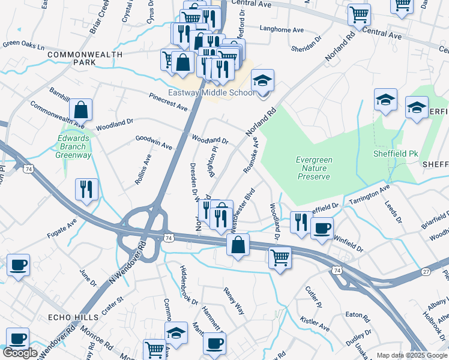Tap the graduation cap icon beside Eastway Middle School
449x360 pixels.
pyautogui.click(x=262, y=82)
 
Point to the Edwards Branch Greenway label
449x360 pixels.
pyautogui.click(x=74, y=147)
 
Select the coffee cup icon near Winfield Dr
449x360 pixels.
pyautogui.click(x=322, y=229)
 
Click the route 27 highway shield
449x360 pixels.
pyautogui.click(x=426, y=272)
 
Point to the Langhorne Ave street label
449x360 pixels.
pyautogui.click(x=282, y=29)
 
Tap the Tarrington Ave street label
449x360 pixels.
pyautogui.click(x=366, y=196)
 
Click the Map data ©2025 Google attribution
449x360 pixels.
pyautogui.click(x=411, y=355)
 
